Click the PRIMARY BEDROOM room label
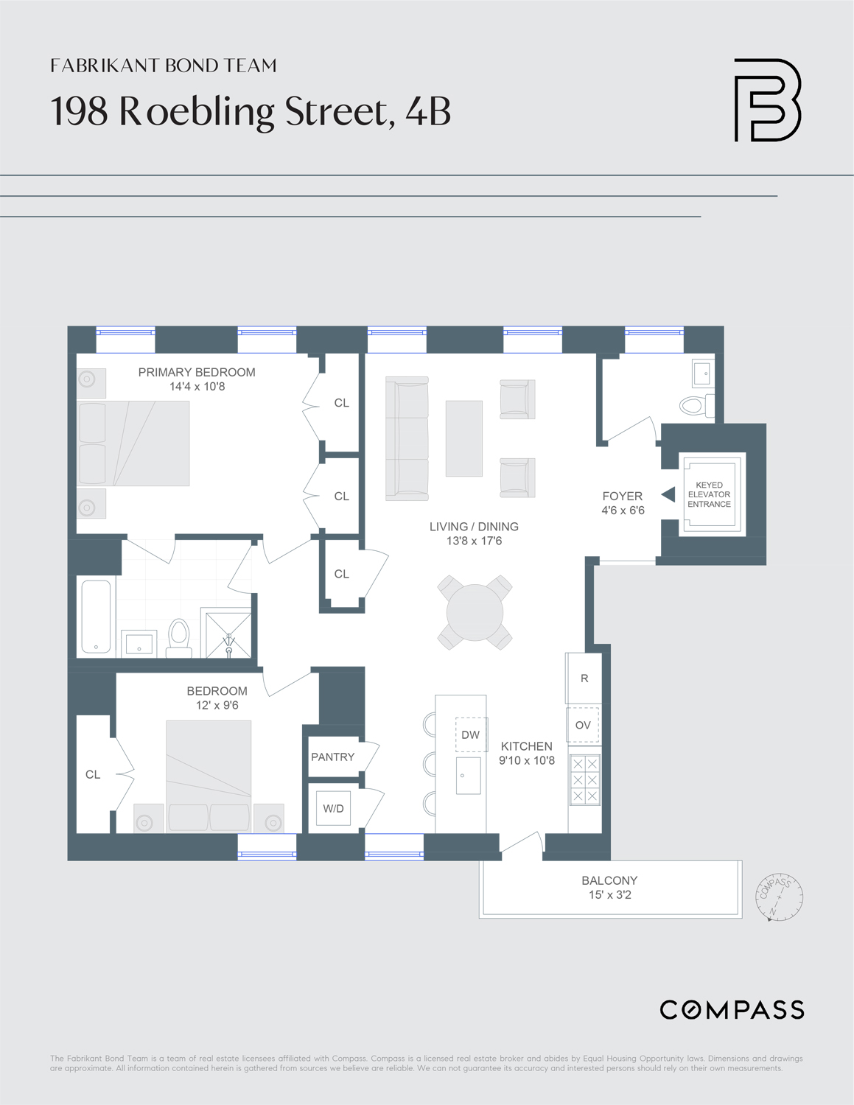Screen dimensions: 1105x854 pyautogui.click(x=197, y=372)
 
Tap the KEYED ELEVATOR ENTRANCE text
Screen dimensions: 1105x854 pyautogui.click(x=709, y=494)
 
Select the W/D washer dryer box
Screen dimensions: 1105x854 pyautogui.click(x=333, y=808)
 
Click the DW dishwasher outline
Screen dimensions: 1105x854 pyautogui.click(x=471, y=734)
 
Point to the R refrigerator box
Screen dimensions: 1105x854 pyautogui.click(x=584, y=678)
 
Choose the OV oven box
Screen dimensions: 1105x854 pyautogui.click(x=583, y=725)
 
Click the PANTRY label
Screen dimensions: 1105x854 pyautogui.click(x=332, y=757)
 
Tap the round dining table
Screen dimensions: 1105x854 pyautogui.click(x=475, y=612)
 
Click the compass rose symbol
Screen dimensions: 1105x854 pyautogui.click(x=779, y=897)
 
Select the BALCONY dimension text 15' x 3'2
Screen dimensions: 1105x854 pyautogui.click(x=609, y=895)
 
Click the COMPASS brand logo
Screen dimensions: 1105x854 pyautogui.click(x=732, y=1010)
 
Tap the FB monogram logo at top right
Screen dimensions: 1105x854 pyautogui.click(x=767, y=100)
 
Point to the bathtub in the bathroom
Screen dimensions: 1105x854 pyautogui.click(x=96, y=617)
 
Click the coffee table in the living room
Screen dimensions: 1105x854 pyautogui.click(x=463, y=438)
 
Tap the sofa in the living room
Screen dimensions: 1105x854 pyautogui.click(x=407, y=438)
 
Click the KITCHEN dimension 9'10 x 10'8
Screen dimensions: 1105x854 pyautogui.click(x=526, y=760)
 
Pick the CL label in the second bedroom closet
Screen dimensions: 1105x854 pyautogui.click(x=93, y=774)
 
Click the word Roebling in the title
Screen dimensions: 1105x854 pyautogui.click(x=197, y=111)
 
